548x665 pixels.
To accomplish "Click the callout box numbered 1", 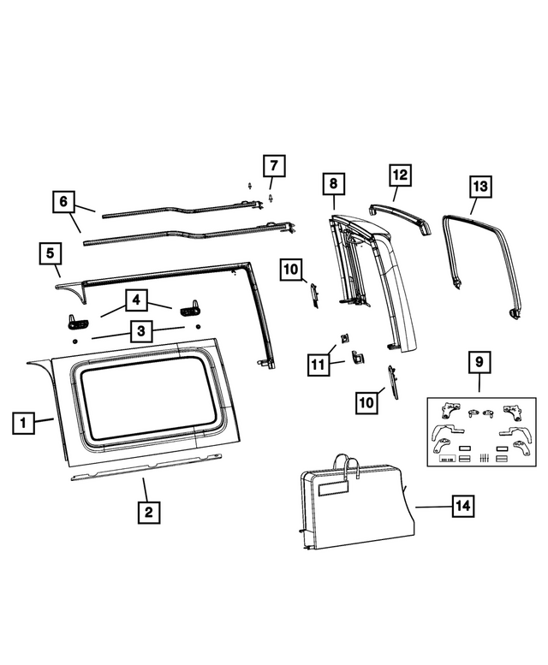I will [x=24, y=422].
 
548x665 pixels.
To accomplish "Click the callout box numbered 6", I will [x=63, y=203].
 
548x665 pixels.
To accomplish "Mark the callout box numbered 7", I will [x=273, y=165].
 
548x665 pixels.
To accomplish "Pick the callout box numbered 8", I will [x=334, y=183].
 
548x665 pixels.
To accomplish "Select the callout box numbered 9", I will [x=479, y=363].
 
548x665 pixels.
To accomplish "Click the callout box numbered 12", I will [x=399, y=175].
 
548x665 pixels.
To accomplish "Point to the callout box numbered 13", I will [x=479, y=186].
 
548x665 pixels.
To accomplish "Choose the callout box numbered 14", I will [x=462, y=507].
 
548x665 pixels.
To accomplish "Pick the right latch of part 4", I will [x=188, y=308].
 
